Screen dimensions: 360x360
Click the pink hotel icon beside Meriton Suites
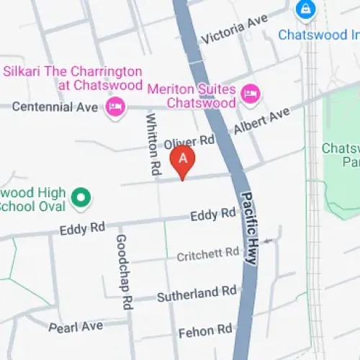[251, 93]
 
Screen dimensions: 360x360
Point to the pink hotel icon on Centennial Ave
[114, 108]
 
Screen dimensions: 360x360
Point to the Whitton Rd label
[153, 143]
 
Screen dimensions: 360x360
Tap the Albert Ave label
[261, 121]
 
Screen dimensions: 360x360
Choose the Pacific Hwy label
[248, 228]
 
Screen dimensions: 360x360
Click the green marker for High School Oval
[83, 196]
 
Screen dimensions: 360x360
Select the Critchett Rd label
[208, 254]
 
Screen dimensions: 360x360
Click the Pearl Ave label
[76, 327]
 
